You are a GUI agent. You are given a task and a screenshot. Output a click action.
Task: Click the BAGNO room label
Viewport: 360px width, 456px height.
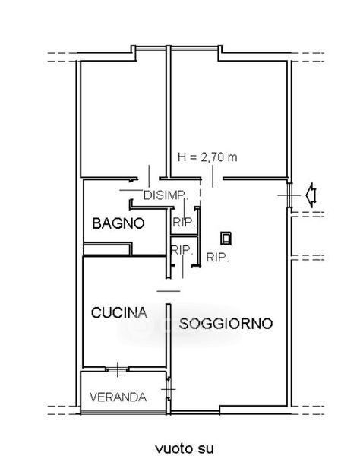coord(118,223)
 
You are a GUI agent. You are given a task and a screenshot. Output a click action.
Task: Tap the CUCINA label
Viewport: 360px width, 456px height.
coord(119,312)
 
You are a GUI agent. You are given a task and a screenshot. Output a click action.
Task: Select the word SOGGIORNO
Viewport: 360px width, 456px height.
coord(226,324)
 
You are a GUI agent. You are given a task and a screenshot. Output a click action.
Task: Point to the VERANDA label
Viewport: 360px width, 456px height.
coord(118,397)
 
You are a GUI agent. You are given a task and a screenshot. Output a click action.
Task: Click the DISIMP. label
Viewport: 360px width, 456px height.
coord(166,195)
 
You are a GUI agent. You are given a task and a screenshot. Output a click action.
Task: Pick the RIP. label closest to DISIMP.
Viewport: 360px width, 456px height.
coord(183,223)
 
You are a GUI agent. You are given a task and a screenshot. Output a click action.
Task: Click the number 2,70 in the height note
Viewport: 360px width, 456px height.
coord(212,157)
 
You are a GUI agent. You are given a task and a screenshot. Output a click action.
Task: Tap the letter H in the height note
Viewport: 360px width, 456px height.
coord(182,157)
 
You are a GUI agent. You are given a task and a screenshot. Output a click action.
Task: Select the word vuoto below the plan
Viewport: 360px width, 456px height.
coord(172,448)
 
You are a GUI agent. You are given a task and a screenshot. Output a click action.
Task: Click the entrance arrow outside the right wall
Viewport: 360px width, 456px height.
coord(311,195)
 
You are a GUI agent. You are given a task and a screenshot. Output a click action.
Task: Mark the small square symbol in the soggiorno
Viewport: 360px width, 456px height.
coord(226,239)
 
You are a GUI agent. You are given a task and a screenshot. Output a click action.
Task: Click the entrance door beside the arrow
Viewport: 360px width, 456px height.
coord(289,195)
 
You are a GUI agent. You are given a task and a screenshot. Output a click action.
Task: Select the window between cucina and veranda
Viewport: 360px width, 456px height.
coord(118,369)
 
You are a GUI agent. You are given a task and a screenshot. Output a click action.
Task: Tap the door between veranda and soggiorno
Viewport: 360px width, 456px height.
coord(169,389)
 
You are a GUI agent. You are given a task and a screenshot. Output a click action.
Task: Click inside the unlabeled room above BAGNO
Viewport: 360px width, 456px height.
coord(122,116)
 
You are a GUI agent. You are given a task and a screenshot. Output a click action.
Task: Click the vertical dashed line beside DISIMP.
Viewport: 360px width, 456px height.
coord(201,192)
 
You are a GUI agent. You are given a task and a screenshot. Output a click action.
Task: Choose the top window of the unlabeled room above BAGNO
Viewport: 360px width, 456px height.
coord(150,49)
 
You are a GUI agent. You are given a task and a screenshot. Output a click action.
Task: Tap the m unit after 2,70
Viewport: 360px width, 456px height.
coord(232,158)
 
